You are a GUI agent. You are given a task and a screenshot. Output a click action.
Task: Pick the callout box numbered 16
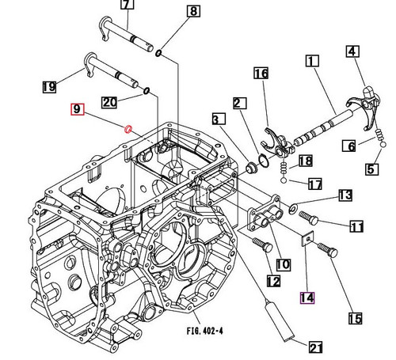pyautogui.click(x=261, y=74)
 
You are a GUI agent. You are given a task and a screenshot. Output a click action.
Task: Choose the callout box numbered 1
pyautogui.click(x=311, y=61)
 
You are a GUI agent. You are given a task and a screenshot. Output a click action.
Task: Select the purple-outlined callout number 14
pyautogui.click(x=307, y=297)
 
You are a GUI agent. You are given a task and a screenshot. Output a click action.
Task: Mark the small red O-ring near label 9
pyautogui.click(x=128, y=128)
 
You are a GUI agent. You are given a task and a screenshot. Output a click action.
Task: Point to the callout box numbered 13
pyautogui.click(x=345, y=195)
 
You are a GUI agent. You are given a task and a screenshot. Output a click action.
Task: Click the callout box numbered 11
pyautogui.click(x=356, y=227)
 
